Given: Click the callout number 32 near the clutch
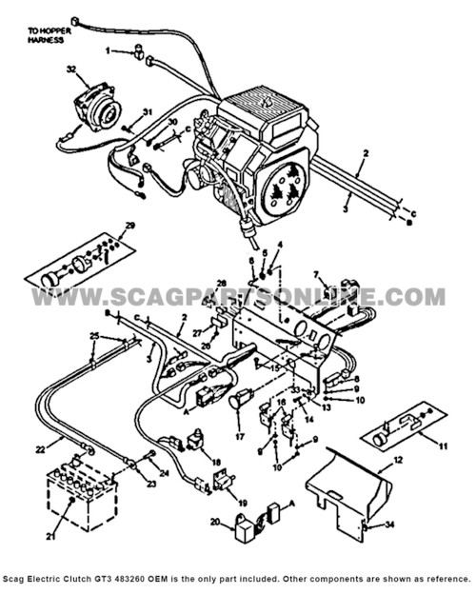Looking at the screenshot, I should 70,69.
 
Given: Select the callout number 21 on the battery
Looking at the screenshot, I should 51,539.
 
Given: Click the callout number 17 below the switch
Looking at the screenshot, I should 238,438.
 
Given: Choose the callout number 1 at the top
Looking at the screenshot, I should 108,50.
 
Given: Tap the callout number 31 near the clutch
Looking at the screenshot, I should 148,113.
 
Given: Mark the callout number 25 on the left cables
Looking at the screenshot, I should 94,336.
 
